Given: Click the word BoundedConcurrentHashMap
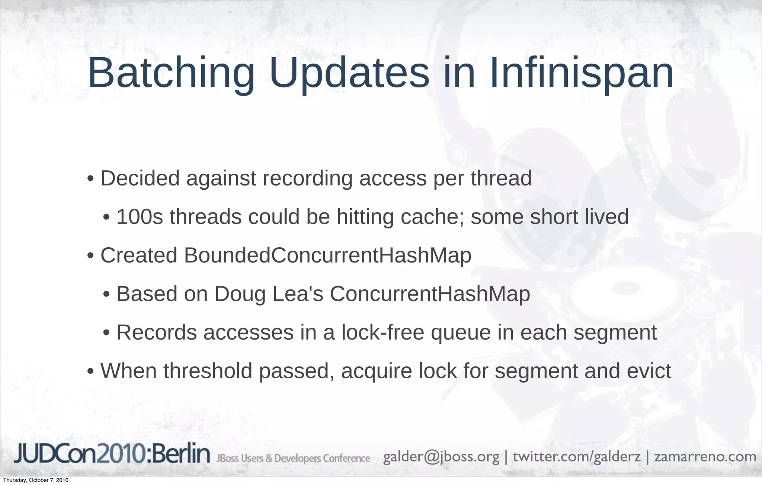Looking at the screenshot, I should tap(327, 256).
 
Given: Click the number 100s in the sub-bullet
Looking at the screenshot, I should tap(140, 217).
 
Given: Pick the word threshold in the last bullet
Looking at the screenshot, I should tap(208, 371).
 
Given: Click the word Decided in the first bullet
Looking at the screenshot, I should tap(140, 178).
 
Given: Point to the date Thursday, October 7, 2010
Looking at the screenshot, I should tap(35, 480).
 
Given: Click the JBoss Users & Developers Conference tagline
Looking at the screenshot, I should tap(293, 458).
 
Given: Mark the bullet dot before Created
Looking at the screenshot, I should tap(90, 257).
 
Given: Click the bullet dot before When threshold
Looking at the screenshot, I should tap(90, 372).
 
